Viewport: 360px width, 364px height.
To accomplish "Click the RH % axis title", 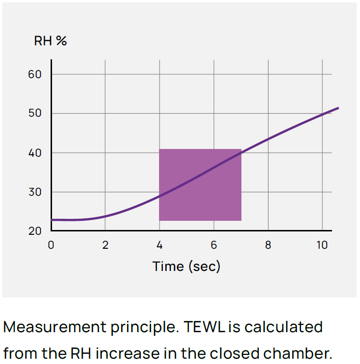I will coord(50,41).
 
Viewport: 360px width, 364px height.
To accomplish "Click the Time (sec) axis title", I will coord(186,266).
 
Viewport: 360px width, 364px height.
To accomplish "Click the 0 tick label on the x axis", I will coord(51,245).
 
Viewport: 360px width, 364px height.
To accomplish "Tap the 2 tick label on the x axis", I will coord(106,245).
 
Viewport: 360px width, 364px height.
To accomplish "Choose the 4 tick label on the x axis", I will coord(160,245).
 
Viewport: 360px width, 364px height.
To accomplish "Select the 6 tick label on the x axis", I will coord(214,245).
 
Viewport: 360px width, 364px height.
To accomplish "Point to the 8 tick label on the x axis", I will coord(268,245).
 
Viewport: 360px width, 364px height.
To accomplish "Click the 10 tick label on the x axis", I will coord(322,245).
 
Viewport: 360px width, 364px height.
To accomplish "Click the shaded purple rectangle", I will coord(200,185).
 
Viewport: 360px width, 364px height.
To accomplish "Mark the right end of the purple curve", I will coord(338,108).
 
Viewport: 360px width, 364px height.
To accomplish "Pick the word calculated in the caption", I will coord(284,327).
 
